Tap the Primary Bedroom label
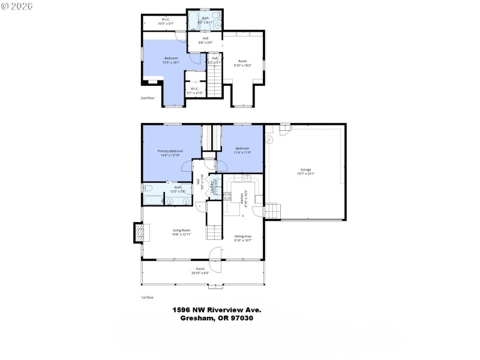tap(170, 151)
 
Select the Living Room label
tap(181, 230)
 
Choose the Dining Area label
tap(243, 236)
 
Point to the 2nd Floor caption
tap(147, 97)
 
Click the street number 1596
tap(182, 310)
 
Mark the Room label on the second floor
tap(242, 61)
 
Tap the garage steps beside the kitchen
tap(274, 211)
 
